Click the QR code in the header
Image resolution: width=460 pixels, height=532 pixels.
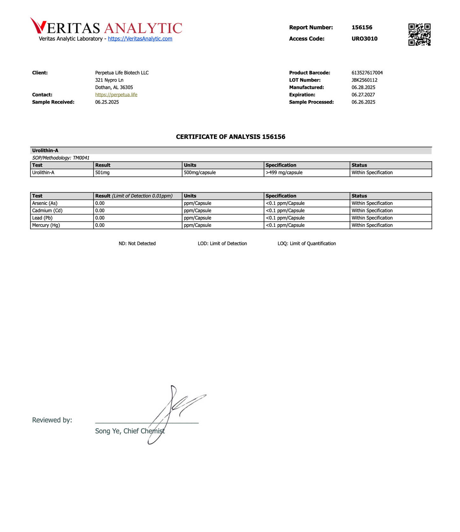419,34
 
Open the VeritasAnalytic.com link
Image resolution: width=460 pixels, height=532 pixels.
140,39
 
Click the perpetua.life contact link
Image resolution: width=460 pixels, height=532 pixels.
116,95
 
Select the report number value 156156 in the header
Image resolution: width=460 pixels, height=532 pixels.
362,27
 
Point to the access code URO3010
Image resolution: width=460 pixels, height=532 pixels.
364,39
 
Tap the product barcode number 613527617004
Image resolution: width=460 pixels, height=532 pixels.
367,73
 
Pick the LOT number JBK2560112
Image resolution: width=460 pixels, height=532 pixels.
364,80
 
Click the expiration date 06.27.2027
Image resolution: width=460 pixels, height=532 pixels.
363,95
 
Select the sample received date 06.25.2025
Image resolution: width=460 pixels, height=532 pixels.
107,102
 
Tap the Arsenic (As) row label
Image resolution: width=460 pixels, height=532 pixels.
45,203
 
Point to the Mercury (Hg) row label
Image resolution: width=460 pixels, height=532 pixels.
46,225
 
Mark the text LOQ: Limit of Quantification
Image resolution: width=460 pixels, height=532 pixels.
307,244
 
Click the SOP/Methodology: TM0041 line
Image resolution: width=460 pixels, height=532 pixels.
61,158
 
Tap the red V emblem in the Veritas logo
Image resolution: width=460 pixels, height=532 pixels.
38,25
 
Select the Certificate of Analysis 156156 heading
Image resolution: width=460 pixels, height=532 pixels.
230,137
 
